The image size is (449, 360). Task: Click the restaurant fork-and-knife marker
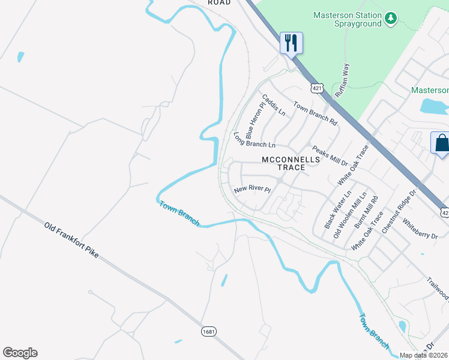coord(291,43)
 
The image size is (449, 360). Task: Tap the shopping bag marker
coord(441,144)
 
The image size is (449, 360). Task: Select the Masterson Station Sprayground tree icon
coord(391,19)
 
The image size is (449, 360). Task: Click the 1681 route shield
coord(208,331)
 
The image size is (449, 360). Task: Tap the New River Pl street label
coord(253,189)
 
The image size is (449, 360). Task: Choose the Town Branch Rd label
coord(315,113)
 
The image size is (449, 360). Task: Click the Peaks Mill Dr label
coord(330,155)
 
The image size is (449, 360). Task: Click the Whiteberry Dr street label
coord(420,228)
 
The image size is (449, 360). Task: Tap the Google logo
coord(20,353)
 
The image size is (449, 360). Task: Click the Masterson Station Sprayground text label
coord(348,19)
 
